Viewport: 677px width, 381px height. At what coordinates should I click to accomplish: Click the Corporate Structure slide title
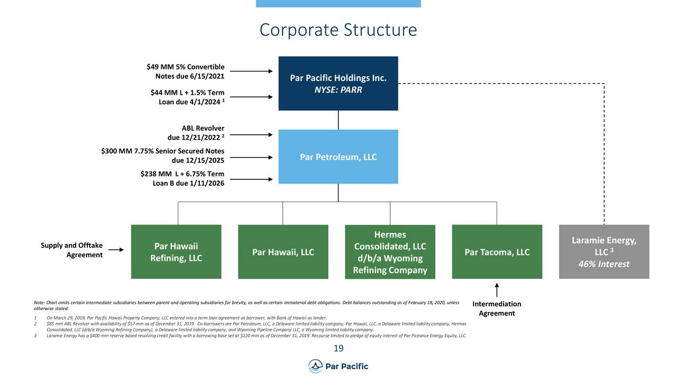coord(338,30)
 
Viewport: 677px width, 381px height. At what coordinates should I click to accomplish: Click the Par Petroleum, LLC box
coord(338,157)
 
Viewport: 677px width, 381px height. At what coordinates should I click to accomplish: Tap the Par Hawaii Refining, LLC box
coord(176,252)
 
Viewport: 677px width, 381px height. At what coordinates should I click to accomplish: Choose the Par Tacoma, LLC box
coord(497,252)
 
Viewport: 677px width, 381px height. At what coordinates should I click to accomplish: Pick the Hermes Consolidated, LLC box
coord(390,252)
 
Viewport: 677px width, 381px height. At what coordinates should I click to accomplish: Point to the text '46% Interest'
coord(603,264)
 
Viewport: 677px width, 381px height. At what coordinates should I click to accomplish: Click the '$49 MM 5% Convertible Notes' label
coord(185,71)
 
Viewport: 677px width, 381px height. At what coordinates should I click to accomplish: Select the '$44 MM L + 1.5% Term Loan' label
coord(187,97)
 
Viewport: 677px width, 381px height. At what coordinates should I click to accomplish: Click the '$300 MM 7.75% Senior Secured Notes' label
coord(163,156)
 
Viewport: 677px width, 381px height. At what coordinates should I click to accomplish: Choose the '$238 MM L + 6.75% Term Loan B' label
coord(182,178)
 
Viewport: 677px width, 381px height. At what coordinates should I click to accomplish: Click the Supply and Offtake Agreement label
coord(72,250)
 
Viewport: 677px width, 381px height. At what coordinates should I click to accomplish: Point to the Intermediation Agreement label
coord(497,309)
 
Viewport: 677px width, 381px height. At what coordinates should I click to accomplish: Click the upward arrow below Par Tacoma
coord(497,290)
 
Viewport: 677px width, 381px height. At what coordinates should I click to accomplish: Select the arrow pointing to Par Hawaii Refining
coord(116,250)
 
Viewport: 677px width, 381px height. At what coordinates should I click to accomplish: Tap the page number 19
coord(338,348)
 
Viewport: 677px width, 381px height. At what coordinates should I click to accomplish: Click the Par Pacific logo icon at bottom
coord(315,366)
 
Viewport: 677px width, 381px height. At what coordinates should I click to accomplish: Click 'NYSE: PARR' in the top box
coord(338,90)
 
